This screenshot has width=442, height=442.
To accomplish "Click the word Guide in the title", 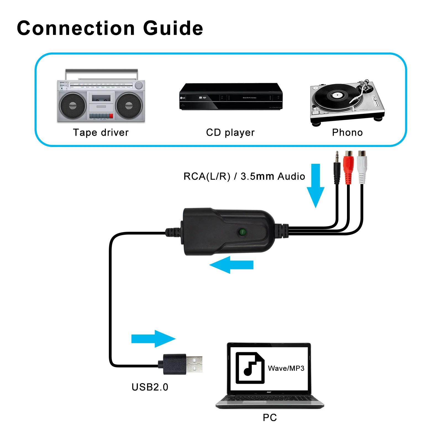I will click(x=173, y=28).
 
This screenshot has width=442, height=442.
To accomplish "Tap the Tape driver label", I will click(x=101, y=133).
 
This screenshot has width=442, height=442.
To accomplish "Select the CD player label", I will click(x=230, y=133).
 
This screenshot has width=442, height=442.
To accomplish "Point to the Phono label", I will click(x=347, y=133).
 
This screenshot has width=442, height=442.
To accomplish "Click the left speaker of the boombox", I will click(x=73, y=106).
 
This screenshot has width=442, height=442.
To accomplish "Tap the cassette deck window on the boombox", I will click(x=101, y=98).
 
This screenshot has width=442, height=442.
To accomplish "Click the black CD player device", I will click(x=231, y=97).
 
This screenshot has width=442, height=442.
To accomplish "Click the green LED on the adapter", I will click(x=243, y=232).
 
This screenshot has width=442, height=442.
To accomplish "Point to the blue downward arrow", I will click(x=316, y=185).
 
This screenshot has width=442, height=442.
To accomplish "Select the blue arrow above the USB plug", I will click(x=153, y=339).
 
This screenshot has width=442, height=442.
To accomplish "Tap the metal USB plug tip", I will click(x=194, y=364).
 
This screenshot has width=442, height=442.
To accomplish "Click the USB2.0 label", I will click(x=150, y=387).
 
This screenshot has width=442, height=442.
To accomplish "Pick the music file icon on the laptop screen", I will click(x=250, y=368).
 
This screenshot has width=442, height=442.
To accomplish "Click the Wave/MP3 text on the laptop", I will click(x=286, y=368).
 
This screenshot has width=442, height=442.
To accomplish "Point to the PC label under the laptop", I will click(x=270, y=417).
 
